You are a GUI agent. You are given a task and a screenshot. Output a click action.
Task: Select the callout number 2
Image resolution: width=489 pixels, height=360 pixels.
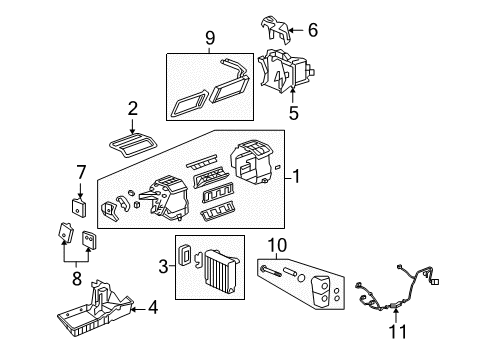click(x=132, y=109)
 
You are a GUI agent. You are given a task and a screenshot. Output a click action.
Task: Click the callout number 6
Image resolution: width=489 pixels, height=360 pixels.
click(x=312, y=32)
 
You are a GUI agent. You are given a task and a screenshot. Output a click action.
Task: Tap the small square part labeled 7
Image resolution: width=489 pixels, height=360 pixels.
click(x=79, y=206)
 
